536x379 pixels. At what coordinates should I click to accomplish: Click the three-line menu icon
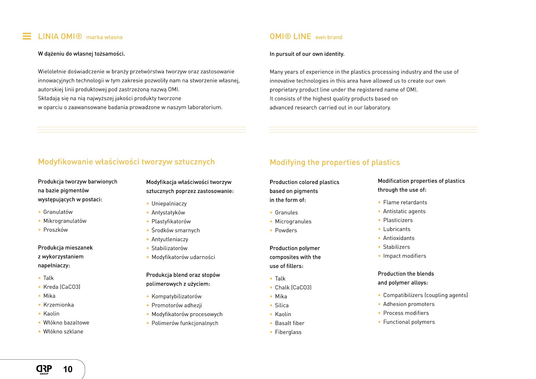click(x=27, y=36)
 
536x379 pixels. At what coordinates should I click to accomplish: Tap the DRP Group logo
click(x=44, y=369)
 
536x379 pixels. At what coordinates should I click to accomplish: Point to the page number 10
click(x=68, y=369)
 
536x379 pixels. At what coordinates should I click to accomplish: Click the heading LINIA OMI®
click(x=60, y=36)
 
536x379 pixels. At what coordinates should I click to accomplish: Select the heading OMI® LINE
click(x=290, y=36)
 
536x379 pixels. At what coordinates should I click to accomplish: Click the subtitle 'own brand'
click(x=329, y=37)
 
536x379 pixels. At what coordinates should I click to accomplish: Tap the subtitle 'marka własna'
click(x=104, y=37)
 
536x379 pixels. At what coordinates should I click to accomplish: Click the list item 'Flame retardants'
click(x=405, y=202)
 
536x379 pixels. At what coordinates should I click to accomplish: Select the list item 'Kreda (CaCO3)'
click(x=62, y=287)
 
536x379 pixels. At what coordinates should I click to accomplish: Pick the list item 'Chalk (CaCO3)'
click(x=293, y=288)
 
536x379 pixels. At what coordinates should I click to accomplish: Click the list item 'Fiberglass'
click(x=288, y=332)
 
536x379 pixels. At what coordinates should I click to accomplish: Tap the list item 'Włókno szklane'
click(x=63, y=332)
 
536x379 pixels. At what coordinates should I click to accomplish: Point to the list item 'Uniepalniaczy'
click(x=169, y=204)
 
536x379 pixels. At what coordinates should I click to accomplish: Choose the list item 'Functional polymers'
click(x=409, y=322)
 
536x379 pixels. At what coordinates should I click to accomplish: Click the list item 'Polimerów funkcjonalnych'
click(x=185, y=323)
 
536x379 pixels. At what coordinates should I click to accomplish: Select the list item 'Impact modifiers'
click(x=404, y=256)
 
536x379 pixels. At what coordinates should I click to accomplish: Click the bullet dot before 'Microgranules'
click(x=271, y=222)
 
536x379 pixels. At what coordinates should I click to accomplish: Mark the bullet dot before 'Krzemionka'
click(x=40, y=305)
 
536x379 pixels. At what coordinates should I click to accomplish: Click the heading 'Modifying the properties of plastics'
click(x=335, y=162)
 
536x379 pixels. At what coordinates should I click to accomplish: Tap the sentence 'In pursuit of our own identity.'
click(x=307, y=54)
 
